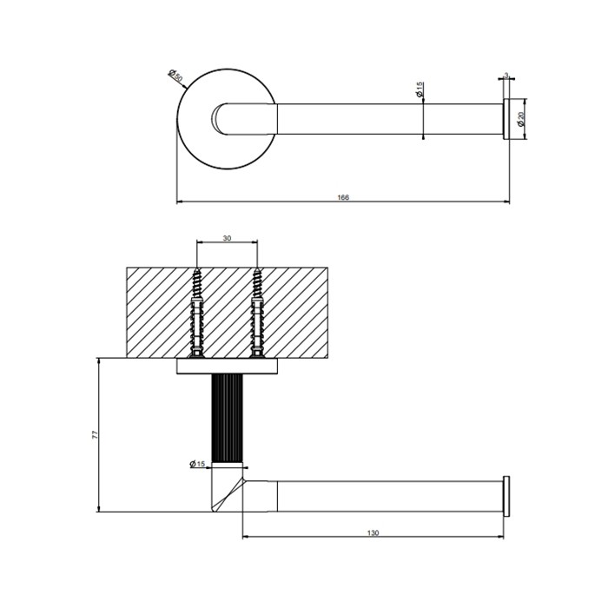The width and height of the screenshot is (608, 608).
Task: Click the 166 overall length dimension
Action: [x=342, y=198]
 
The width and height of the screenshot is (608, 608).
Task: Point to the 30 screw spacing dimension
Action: [x=227, y=238]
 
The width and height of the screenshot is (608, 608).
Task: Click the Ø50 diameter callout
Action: [x=176, y=76]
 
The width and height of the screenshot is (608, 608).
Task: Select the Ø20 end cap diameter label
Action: [x=520, y=119]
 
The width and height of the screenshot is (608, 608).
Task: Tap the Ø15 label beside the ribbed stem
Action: [x=197, y=465]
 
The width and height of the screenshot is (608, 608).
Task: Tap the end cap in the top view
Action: [x=505, y=119]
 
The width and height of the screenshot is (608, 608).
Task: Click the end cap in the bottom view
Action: [x=505, y=495]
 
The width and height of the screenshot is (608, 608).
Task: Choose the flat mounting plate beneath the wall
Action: [x=227, y=368]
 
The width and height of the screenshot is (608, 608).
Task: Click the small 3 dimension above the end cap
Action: [x=505, y=76]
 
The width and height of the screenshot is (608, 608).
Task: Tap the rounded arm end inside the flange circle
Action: [x=224, y=119]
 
